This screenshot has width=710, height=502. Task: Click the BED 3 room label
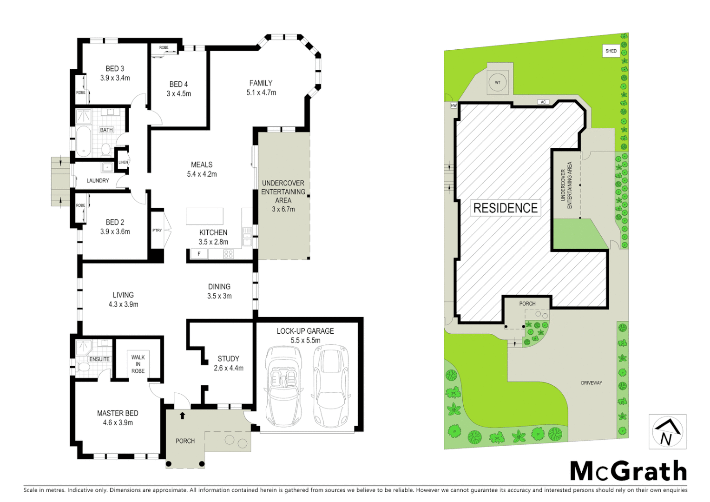click(115, 69)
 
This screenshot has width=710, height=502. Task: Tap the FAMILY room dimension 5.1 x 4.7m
click(261, 92)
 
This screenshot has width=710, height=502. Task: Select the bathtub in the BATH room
click(84, 141)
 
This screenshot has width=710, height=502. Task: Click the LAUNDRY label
click(98, 180)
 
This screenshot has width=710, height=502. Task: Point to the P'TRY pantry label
click(157, 230)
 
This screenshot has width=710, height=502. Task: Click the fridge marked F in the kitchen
click(199, 254)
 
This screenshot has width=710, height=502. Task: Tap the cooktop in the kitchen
click(228, 254)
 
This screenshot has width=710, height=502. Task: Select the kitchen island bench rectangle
click(204, 216)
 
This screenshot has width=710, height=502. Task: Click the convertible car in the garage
click(283, 386)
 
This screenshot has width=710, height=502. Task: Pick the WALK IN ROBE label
click(138, 364)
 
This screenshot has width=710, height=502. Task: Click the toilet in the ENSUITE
click(84, 367)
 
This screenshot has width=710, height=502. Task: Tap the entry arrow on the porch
click(183, 416)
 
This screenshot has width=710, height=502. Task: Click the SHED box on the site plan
click(611, 51)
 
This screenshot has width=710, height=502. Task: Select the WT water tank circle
click(498, 83)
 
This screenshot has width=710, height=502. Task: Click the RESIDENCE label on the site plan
click(505, 208)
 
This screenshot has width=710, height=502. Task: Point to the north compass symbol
click(667, 432)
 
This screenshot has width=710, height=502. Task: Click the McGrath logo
click(628, 471)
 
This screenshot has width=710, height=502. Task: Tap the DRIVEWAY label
click(591, 383)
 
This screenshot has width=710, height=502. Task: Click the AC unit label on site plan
click(543, 102)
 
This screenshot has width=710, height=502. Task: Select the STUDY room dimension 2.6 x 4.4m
click(229, 368)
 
